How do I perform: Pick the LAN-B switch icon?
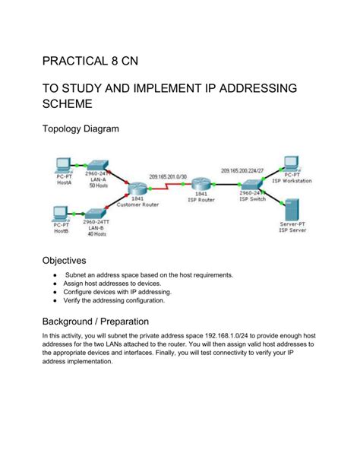click(95, 214)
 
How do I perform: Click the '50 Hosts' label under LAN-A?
click(98, 185)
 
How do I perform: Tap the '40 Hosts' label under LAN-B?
click(95, 233)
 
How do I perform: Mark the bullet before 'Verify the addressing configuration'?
click(55, 300)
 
